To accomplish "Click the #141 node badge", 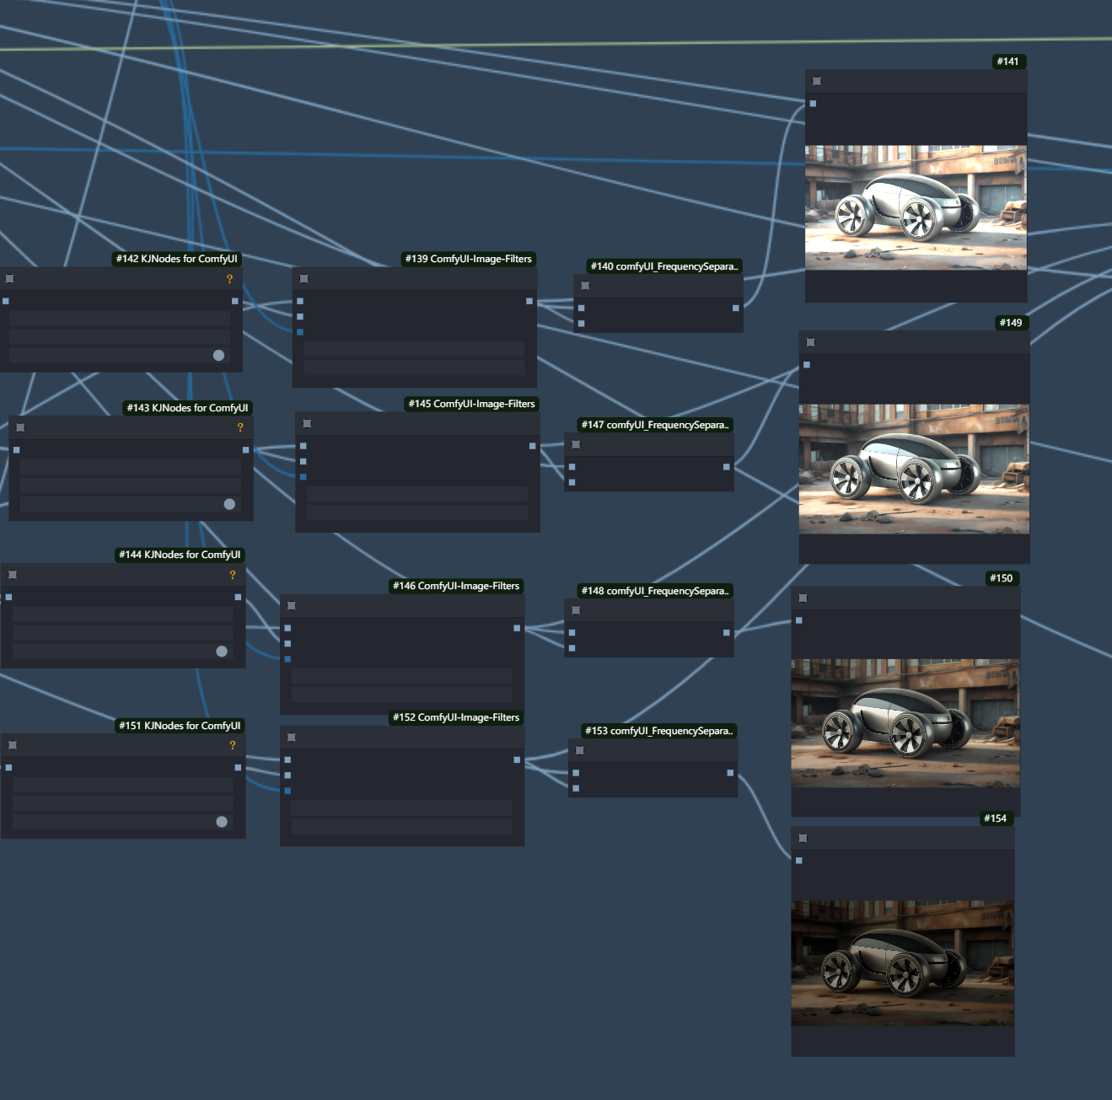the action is [1008, 62].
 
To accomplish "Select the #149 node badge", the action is [1011, 323].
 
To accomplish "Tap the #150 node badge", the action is [1002, 578].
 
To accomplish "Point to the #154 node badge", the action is [996, 818].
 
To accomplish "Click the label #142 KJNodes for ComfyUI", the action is [176, 259].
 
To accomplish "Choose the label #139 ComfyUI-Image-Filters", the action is [469, 259].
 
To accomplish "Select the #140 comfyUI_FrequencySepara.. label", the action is [664, 266].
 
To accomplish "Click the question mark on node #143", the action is [240, 427].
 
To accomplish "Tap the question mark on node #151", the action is [233, 745].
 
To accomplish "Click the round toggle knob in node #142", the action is [218, 356].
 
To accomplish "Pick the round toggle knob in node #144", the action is [222, 652].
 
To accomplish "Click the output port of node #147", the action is [727, 467].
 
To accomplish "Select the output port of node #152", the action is [517, 760].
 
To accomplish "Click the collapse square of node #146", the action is [292, 606].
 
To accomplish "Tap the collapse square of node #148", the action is [576, 610].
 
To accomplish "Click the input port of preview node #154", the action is [799, 861].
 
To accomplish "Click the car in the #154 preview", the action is [894, 962].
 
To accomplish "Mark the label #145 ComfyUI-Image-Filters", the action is [472, 404].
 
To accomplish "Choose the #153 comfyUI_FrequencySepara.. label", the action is [659, 731].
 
